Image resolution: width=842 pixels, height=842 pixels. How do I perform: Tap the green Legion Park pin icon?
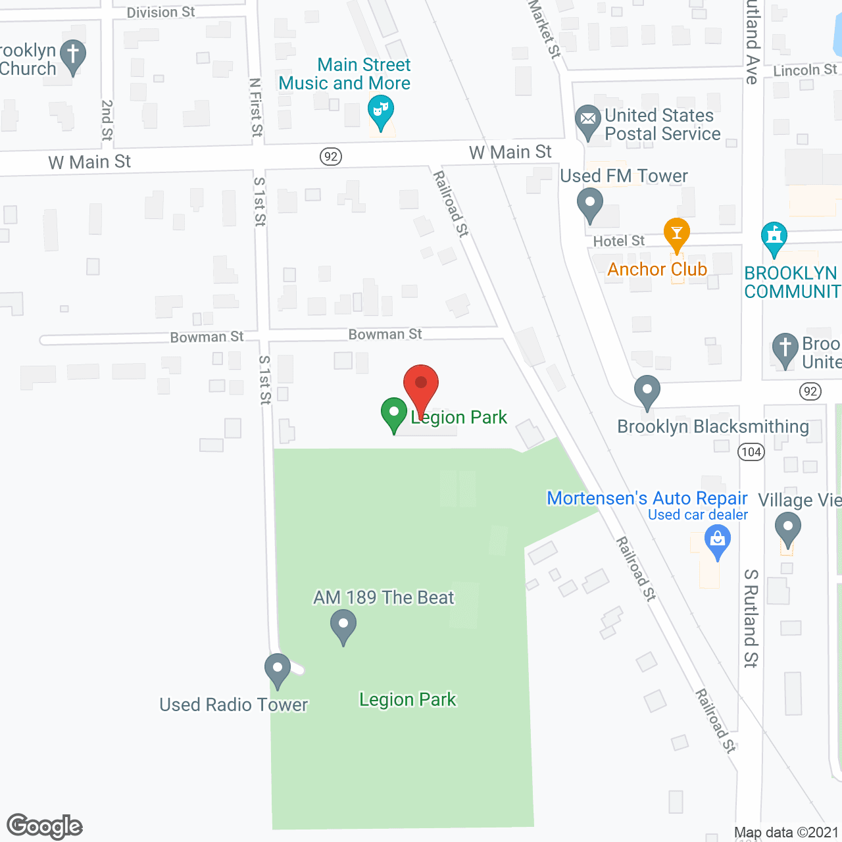(394, 414)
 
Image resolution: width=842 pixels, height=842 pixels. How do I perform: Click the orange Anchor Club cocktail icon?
(676, 234)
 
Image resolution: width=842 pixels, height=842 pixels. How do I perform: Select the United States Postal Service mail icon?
(588, 121)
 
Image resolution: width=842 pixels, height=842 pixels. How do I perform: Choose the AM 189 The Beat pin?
(343, 625)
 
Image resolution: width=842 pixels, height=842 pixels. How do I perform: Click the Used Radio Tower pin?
(277, 670)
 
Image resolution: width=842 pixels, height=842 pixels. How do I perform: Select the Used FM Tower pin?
(590, 204)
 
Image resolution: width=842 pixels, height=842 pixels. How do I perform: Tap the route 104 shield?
(751, 451)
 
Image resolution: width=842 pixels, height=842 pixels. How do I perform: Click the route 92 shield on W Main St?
(331, 157)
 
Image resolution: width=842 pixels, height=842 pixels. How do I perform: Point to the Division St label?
(161, 12)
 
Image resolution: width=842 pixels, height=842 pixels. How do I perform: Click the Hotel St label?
(618, 241)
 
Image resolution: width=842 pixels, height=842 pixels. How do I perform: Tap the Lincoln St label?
(805, 70)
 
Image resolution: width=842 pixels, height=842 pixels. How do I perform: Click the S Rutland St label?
(751, 618)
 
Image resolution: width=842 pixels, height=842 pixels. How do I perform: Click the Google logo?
(45, 826)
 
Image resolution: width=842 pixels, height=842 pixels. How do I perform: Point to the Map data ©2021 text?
(786, 832)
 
